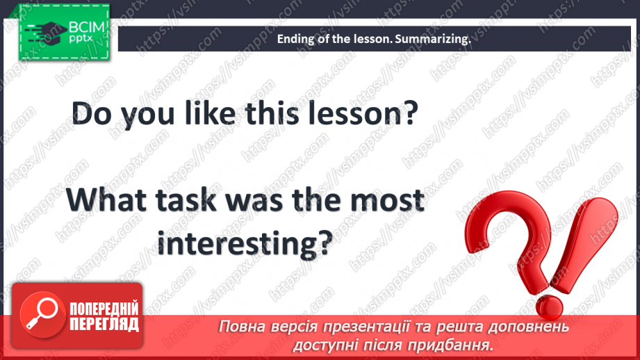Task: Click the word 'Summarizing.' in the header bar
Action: (x=433, y=39)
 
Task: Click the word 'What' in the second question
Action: (x=106, y=200)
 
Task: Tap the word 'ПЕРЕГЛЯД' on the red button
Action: (x=104, y=325)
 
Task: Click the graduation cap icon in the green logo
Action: (x=46, y=32)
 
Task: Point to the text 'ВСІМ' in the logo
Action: (x=87, y=28)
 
